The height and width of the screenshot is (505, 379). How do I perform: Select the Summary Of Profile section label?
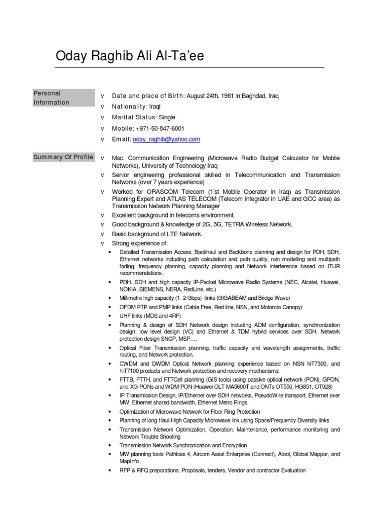(x=63, y=157)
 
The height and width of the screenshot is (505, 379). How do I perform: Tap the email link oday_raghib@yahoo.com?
(x=166, y=140)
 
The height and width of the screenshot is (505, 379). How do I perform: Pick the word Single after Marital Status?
(x=167, y=118)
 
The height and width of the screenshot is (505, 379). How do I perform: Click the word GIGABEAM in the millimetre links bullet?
(x=230, y=298)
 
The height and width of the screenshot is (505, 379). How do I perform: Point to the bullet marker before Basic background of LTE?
(x=102, y=234)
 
